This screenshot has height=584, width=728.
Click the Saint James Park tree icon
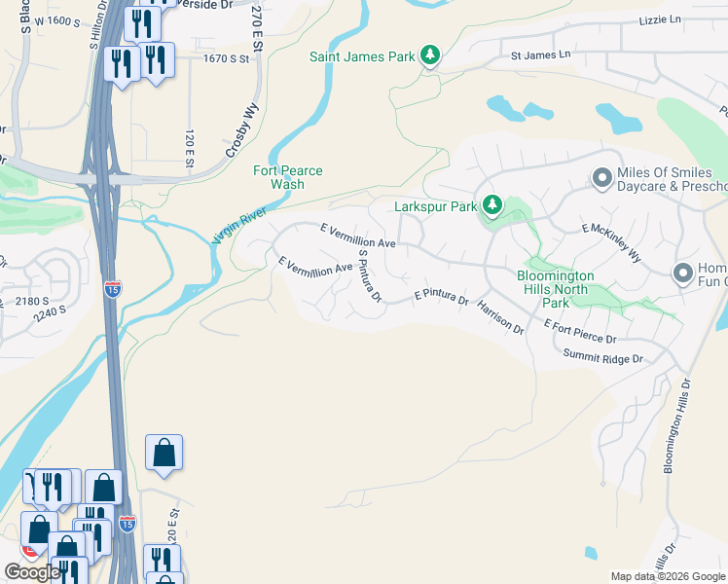tap(430, 55)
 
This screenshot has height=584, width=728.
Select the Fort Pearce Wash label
tap(288, 177)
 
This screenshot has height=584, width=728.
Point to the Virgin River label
tap(239, 224)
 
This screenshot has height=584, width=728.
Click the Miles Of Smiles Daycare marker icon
tap(601, 177)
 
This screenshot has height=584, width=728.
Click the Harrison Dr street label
tap(500, 318)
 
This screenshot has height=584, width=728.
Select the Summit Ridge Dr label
tap(603, 359)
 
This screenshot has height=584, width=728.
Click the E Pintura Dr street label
tap(441, 294)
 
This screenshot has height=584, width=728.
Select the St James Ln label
tap(541, 55)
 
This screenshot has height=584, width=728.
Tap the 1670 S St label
tap(226, 58)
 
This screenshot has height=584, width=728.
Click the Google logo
tap(32, 572)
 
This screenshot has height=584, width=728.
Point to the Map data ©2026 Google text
tap(668, 576)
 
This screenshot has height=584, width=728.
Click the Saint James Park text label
tap(362, 55)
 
